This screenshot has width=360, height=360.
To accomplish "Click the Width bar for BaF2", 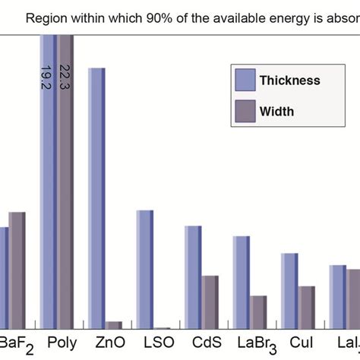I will [x=17, y=270].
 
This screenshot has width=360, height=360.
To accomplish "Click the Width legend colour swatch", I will [x=245, y=111].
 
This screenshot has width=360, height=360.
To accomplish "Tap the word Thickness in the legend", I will [x=289, y=81].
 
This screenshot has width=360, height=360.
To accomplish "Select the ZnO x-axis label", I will [x=106, y=344].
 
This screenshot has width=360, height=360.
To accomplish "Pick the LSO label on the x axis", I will [x=153, y=344].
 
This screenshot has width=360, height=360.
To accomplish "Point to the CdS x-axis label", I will [x=202, y=344].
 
